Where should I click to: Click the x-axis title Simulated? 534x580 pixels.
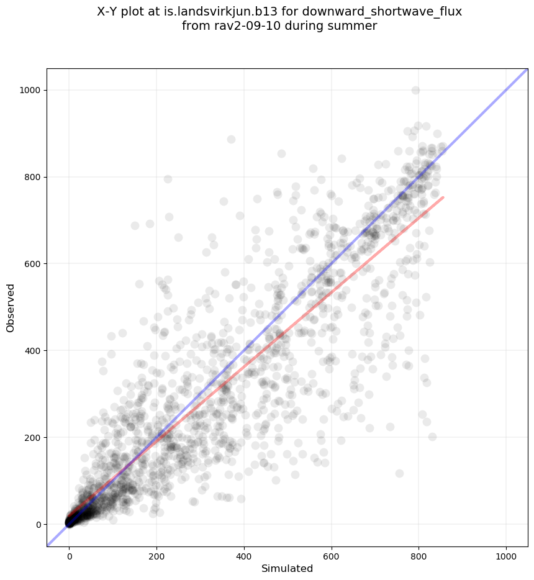tap(287, 568)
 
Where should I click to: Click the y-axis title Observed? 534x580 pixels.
tap(11, 307)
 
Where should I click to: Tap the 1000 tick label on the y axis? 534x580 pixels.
tap(30, 90)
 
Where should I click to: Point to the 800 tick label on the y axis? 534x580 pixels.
tap(33, 177)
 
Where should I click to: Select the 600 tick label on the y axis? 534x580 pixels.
tap(33, 264)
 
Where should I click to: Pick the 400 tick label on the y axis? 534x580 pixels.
tap(33, 351)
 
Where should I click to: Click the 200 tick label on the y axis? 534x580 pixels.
tap(33, 438)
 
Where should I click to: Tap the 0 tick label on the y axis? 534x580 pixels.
tap(38, 525)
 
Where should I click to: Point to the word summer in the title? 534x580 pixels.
tap(355, 26)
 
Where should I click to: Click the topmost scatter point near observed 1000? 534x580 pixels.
tap(415, 90)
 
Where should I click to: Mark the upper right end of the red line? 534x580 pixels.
tap(443, 197)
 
